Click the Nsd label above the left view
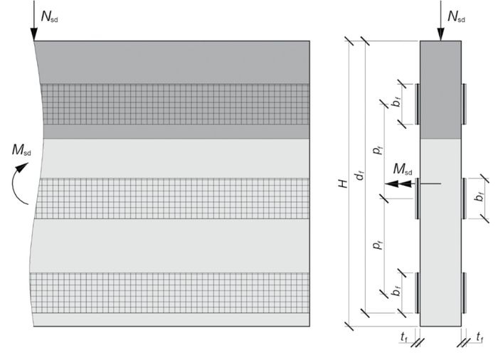(49, 16)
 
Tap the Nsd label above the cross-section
(456, 16)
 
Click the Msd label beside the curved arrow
(21, 150)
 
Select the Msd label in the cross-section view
(403, 169)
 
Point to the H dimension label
(344, 184)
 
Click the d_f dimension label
(360, 175)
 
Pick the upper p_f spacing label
(378, 149)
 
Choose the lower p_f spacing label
(378, 245)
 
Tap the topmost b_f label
(396, 102)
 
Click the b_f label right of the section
(479, 196)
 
